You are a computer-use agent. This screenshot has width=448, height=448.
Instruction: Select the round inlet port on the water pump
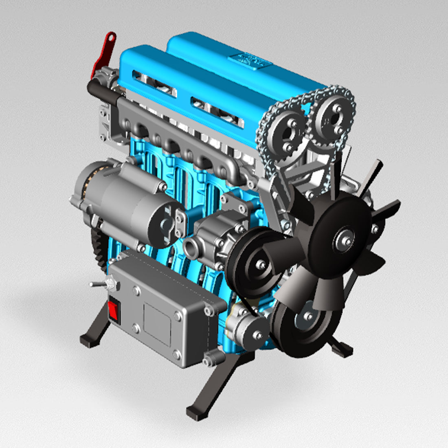point(191,246)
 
